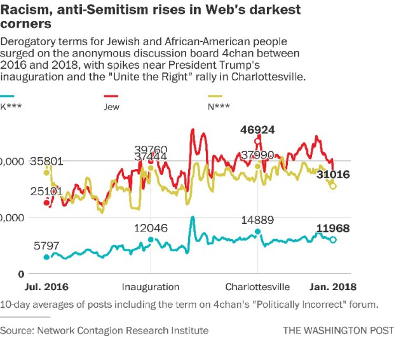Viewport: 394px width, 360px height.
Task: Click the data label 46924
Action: point(257,130)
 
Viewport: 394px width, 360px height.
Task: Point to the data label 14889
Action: point(257,221)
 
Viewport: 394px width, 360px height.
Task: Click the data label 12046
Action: point(151,228)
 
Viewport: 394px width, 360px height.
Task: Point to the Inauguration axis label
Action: point(151,286)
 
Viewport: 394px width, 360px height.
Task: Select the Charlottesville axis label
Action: point(258,286)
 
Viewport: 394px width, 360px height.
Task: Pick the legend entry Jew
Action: point(112,107)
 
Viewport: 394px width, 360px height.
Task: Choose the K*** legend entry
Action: point(11,107)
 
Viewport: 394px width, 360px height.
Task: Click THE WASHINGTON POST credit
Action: point(338,330)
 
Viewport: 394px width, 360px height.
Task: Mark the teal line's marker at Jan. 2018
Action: point(333,240)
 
